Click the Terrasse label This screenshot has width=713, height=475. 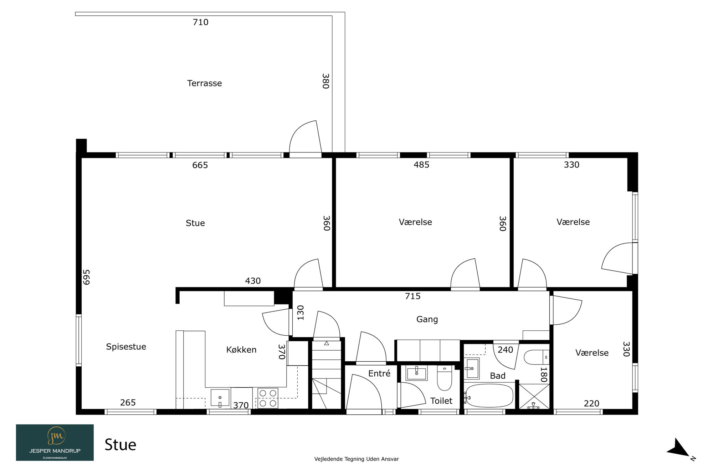[x=205, y=83]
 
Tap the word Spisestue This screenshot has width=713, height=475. [x=126, y=347]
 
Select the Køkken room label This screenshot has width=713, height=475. [x=241, y=350]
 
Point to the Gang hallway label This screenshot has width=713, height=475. [x=427, y=319]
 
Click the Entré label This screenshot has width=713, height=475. [x=379, y=373]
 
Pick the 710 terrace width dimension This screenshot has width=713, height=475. [x=200, y=22]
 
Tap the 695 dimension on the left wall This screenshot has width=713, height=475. [x=87, y=277]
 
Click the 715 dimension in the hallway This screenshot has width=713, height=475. [x=413, y=296]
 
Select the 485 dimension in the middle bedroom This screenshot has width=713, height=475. [x=421, y=165]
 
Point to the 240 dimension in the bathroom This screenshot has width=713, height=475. [x=506, y=350]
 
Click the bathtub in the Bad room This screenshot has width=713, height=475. [x=489, y=396]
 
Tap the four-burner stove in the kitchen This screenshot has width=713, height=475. [x=268, y=398]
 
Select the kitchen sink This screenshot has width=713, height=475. [x=220, y=398]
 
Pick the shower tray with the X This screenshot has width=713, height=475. [x=534, y=396]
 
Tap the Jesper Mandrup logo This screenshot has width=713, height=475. [x=55, y=443]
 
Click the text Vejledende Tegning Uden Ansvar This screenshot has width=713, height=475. [x=356, y=459]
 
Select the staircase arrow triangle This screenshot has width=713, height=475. [x=327, y=343]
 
